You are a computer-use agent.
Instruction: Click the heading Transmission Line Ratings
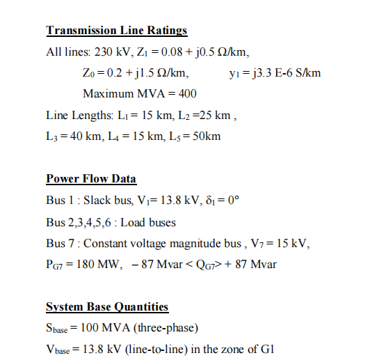click(x=116, y=31)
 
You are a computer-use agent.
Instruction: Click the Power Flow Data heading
click(x=91, y=179)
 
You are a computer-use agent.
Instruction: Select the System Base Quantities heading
click(x=107, y=307)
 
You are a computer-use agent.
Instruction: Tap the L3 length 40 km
click(x=88, y=136)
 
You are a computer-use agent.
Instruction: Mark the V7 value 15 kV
click(x=294, y=243)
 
